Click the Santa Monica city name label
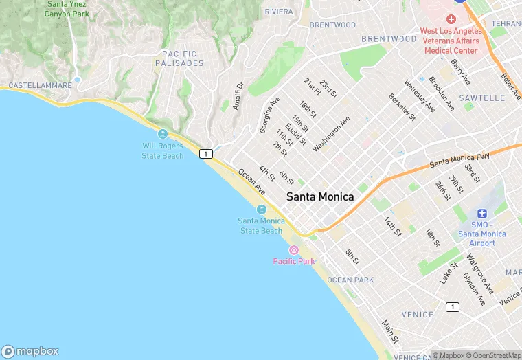[320, 196]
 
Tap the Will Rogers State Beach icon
[163, 134]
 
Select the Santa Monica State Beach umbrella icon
[261, 209]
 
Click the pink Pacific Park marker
[294, 249]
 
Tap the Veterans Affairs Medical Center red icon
[451, 19]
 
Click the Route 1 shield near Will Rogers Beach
[206, 154]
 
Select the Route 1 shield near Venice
[451, 306]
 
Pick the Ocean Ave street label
[251, 181]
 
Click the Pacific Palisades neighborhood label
[179, 58]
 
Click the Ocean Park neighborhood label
[350, 280]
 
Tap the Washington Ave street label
[331, 134]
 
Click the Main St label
[390, 331]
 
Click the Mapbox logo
[30, 351]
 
